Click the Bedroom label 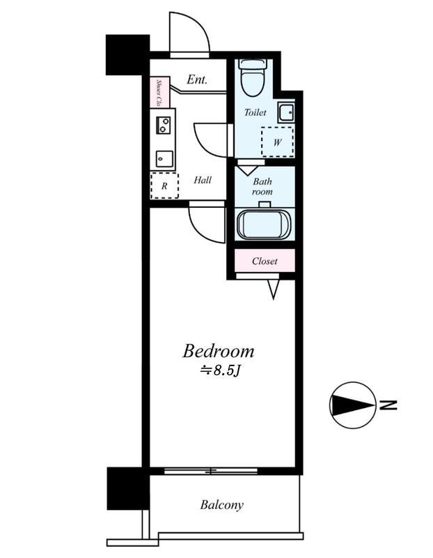218,352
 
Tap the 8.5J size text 221,370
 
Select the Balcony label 221,505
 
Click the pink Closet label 265,261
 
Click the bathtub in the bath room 264,225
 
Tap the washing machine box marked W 278,142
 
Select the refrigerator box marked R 164,186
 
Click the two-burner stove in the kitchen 164,125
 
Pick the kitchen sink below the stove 164,159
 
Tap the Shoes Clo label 159,93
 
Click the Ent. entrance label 197,80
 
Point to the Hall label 203,180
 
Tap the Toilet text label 255,112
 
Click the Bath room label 262,186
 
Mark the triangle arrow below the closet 273,289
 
